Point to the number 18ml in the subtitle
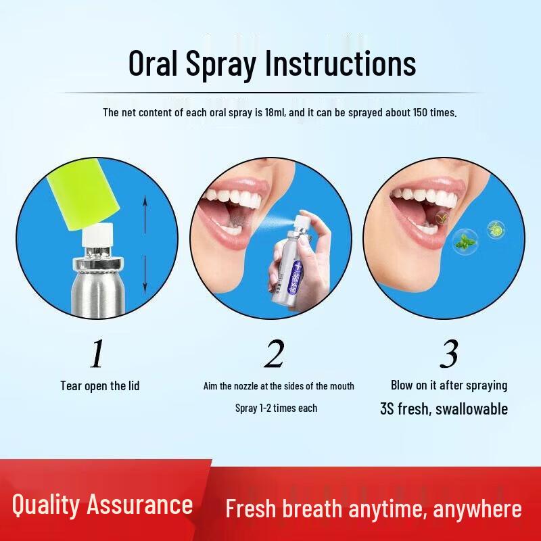(273, 112)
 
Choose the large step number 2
(273, 354)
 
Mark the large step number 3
(448, 354)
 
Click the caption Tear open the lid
(99, 385)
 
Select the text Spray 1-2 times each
(276, 408)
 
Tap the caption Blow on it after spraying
(449, 385)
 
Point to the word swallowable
(471, 408)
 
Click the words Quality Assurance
(103, 504)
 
